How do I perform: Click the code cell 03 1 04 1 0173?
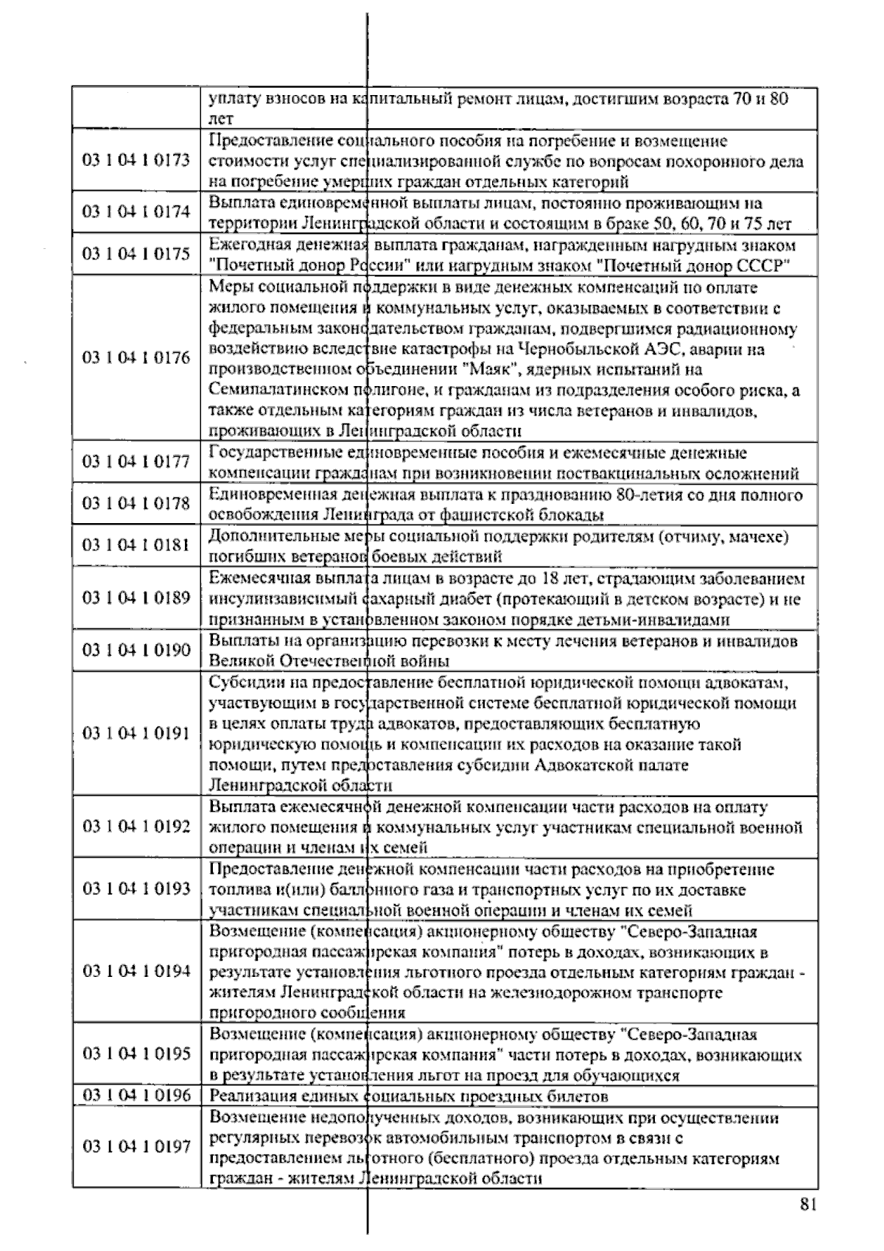click(x=136, y=161)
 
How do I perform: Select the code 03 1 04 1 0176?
click(x=136, y=358)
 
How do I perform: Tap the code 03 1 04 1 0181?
click(x=136, y=545)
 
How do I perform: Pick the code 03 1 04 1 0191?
click(x=136, y=733)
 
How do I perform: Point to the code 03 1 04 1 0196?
click(x=136, y=1095)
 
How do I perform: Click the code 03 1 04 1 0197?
click(x=136, y=1146)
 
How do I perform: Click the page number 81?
click(x=807, y=1205)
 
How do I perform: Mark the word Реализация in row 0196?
click(x=247, y=1096)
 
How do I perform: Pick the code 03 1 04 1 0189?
click(x=136, y=598)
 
